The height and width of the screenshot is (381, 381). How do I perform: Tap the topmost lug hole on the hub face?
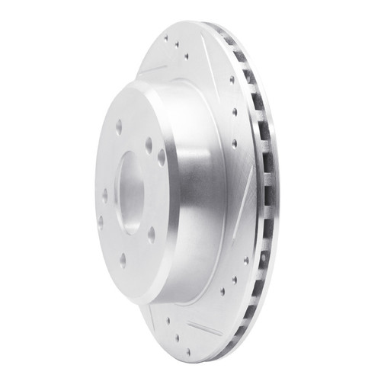[119, 126]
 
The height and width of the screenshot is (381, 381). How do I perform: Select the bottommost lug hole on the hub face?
[122, 258]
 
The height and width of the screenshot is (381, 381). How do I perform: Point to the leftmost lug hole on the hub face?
[100, 223]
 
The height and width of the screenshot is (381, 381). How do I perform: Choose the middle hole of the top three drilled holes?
[177, 44]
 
